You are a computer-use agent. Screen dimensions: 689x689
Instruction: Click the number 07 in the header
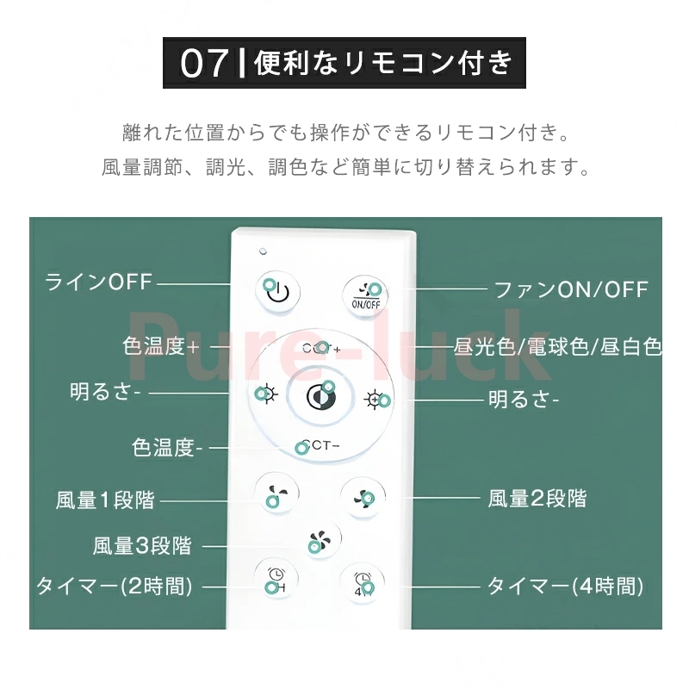coord(205,64)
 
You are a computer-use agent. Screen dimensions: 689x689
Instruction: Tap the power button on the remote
coord(276,291)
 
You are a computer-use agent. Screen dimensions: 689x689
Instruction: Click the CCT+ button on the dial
coord(322,348)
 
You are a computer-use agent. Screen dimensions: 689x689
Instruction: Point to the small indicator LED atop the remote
coord(261,252)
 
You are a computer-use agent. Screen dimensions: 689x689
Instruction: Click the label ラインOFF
coord(98,282)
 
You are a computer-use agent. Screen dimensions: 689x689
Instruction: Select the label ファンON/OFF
coord(570,289)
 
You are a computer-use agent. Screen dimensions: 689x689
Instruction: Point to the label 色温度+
coord(161,346)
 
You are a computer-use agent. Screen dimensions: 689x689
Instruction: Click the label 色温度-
coord(168,448)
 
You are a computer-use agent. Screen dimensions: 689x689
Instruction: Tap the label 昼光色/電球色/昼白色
coord(557,347)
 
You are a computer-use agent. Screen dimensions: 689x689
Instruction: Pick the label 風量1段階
coord(105,500)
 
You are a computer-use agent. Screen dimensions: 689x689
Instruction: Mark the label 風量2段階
coord(537,498)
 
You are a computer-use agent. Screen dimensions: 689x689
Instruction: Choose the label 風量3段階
coord(142,545)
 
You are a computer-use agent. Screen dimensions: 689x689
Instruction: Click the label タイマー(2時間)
coord(114,587)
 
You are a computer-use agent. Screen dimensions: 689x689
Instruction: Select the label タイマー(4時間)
coord(566,587)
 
